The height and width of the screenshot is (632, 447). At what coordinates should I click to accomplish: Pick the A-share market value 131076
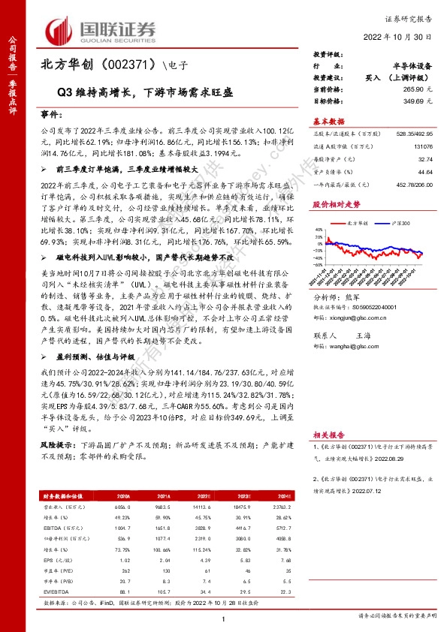(x=422, y=147)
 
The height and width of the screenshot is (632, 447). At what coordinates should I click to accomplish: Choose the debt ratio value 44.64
(x=425, y=170)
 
